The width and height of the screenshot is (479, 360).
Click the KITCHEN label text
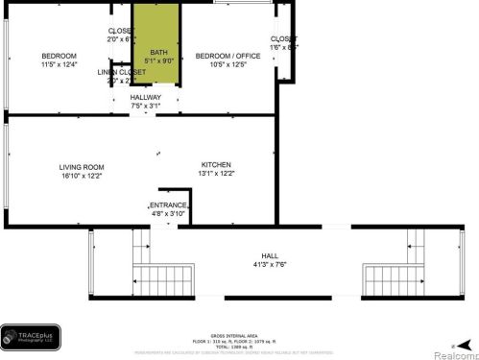216,164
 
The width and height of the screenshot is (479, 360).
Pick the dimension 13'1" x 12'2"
216,174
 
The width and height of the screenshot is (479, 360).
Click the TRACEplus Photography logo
30,337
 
